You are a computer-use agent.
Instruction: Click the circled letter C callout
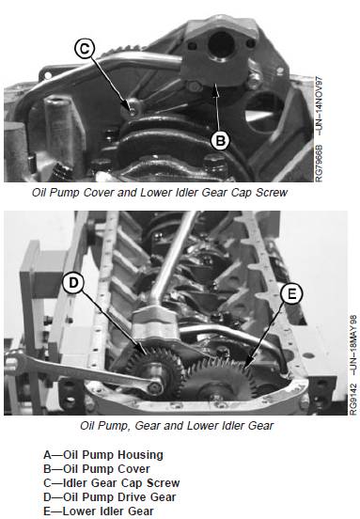(x=85, y=48)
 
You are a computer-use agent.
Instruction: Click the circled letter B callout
(x=220, y=140)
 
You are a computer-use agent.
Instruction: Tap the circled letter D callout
(x=73, y=283)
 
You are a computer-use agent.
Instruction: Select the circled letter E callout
(x=291, y=294)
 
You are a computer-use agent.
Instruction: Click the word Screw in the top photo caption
(x=272, y=193)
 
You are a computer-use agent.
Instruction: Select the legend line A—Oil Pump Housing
(x=103, y=455)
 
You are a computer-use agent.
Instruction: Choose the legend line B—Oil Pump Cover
(x=97, y=469)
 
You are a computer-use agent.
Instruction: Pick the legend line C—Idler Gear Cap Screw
(x=112, y=483)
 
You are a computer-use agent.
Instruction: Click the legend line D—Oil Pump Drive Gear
(x=110, y=497)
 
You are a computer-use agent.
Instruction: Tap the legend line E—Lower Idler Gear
(x=99, y=511)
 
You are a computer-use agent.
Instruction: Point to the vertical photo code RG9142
(x=353, y=399)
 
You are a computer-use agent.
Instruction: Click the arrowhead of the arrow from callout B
(x=216, y=87)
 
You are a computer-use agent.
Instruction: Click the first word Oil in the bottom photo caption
(x=87, y=426)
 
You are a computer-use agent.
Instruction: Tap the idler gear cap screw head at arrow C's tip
(x=132, y=111)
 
